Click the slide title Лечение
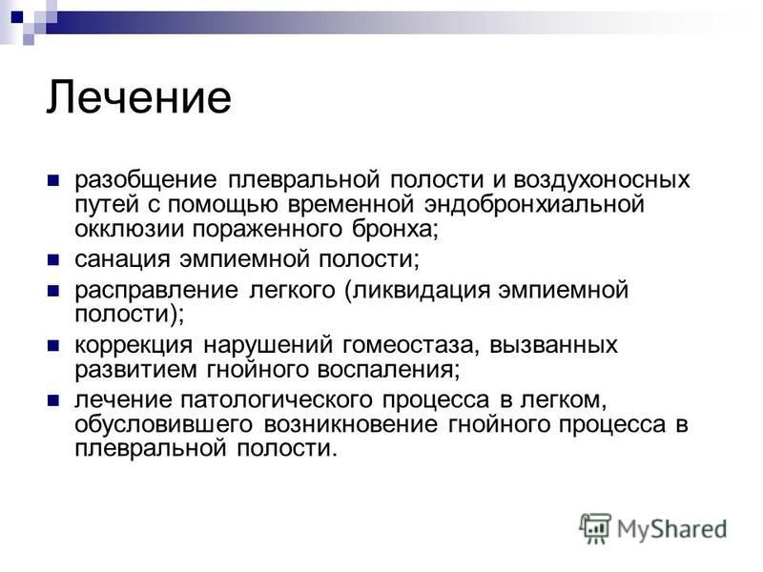point(139,97)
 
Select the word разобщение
point(146,180)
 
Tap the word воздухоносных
point(602,179)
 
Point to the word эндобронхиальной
point(534,204)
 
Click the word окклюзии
point(129,229)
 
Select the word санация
point(122,259)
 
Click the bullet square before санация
point(53,259)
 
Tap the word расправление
point(156,291)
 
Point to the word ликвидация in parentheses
point(421,291)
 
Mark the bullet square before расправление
point(53,291)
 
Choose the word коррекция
point(134,345)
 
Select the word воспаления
point(388,370)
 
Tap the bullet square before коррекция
point(53,346)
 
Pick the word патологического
point(277,400)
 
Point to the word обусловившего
point(163,424)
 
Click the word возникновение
point(351,424)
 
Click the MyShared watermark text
point(671,529)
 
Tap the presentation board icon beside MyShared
point(594,528)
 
